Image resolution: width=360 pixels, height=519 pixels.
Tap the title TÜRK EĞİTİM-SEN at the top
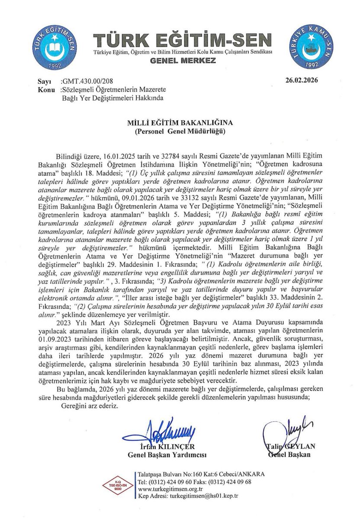pyautogui.click(x=183, y=40)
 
